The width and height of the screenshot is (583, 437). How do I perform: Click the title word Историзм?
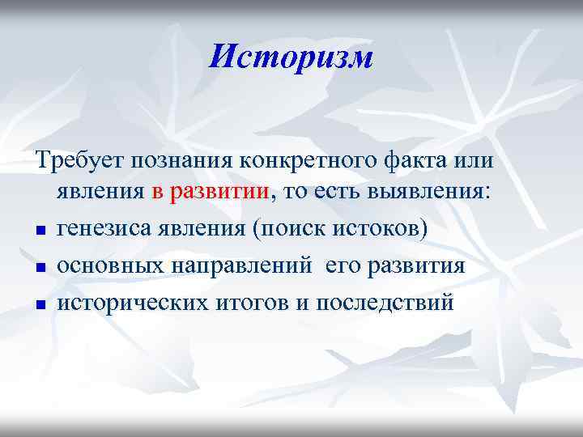pyautogui.click(x=291, y=57)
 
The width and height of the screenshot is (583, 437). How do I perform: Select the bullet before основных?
pyautogui.click(x=40, y=269)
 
